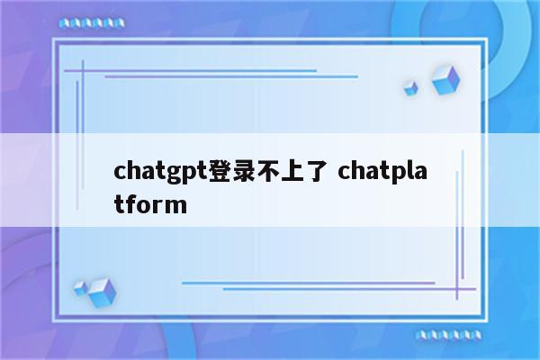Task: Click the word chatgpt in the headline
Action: (161, 169)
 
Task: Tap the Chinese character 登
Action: (220, 168)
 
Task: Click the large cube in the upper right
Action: (445, 79)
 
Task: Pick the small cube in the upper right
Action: (411, 87)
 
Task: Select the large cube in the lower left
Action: (103, 292)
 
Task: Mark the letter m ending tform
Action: (176, 205)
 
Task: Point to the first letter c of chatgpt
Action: (121, 170)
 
